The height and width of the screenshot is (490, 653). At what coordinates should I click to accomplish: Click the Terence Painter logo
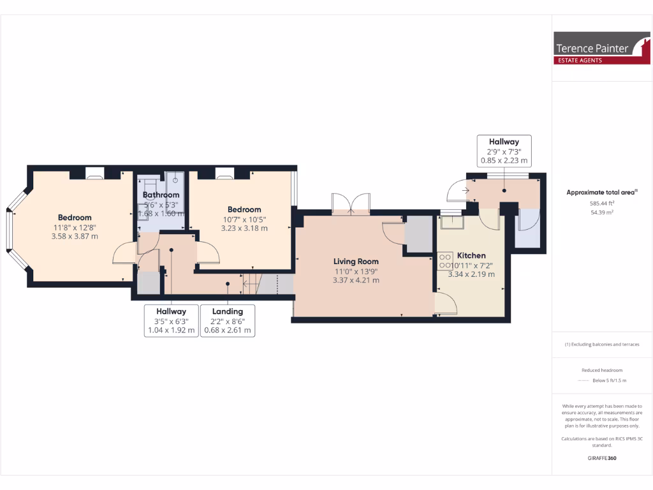(602, 48)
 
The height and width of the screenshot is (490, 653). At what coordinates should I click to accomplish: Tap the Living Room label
(356, 261)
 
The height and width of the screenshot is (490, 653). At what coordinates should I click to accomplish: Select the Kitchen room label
(471, 255)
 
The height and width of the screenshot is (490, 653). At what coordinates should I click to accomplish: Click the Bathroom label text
(161, 195)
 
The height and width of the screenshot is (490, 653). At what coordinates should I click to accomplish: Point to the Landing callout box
(228, 320)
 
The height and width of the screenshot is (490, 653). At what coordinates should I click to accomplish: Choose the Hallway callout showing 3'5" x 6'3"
(172, 320)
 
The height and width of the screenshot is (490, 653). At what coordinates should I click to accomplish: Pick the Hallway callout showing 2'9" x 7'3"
(504, 151)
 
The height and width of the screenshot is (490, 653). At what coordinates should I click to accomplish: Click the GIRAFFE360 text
(602, 458)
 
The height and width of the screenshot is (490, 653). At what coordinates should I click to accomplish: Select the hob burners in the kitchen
(444, 261)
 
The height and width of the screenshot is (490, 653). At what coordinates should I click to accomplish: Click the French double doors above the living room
(351, 202)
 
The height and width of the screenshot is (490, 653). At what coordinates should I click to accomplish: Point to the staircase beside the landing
(268, 283)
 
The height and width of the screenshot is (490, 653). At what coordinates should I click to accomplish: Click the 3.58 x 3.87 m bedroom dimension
(75, 236)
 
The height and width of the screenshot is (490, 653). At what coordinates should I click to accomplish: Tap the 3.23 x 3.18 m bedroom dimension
(244, 228)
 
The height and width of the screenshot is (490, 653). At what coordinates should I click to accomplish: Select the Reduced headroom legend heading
(602, 370)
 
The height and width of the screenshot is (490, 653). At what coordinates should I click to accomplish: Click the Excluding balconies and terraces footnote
(602, 345)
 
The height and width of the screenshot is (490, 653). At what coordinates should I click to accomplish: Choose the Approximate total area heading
(602, 192)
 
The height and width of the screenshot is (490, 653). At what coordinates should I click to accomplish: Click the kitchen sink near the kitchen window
(454, 221)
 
